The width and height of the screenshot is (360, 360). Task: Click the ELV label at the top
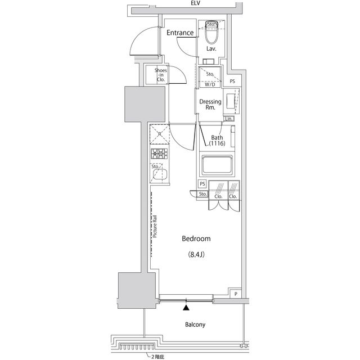pos(196,3)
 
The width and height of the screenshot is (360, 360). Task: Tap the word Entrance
pos(180,33)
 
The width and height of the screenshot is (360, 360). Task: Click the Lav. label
pos(211,49)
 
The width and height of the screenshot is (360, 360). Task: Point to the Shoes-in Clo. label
pos(160,75)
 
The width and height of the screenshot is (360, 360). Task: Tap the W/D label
pos(209,84)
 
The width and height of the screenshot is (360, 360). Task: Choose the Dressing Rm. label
pos(211,105)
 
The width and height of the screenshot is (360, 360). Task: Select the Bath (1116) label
pos(217,141)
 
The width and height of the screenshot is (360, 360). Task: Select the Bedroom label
pos(196,239)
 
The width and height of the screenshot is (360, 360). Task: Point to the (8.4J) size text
pos(196,255)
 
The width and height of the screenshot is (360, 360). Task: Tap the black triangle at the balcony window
pos(187,307)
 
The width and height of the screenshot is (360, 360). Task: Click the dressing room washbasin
pos(231,101)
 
